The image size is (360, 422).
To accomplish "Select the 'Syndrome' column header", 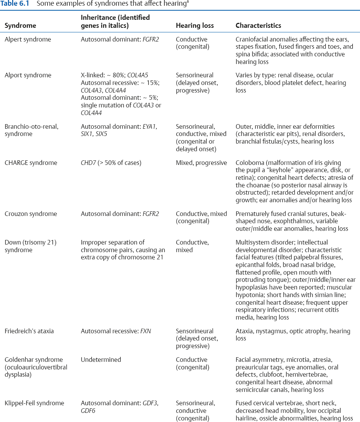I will pos(20,26).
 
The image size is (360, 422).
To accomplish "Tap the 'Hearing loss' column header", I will pos(194,26).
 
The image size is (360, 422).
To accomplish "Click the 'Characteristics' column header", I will pos(258,26).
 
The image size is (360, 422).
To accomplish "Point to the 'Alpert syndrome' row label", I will pos(27,40).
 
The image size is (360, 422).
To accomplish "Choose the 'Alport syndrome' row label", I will pos(27,75).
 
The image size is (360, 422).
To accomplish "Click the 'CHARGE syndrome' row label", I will pos(30,163).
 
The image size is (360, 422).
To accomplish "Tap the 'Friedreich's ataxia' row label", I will pos(29,331).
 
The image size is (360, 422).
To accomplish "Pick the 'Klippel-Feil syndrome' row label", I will pos(34,403).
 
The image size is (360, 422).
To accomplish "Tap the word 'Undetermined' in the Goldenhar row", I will pos(101,360).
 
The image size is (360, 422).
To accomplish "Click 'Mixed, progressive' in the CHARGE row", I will pos(201,163).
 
